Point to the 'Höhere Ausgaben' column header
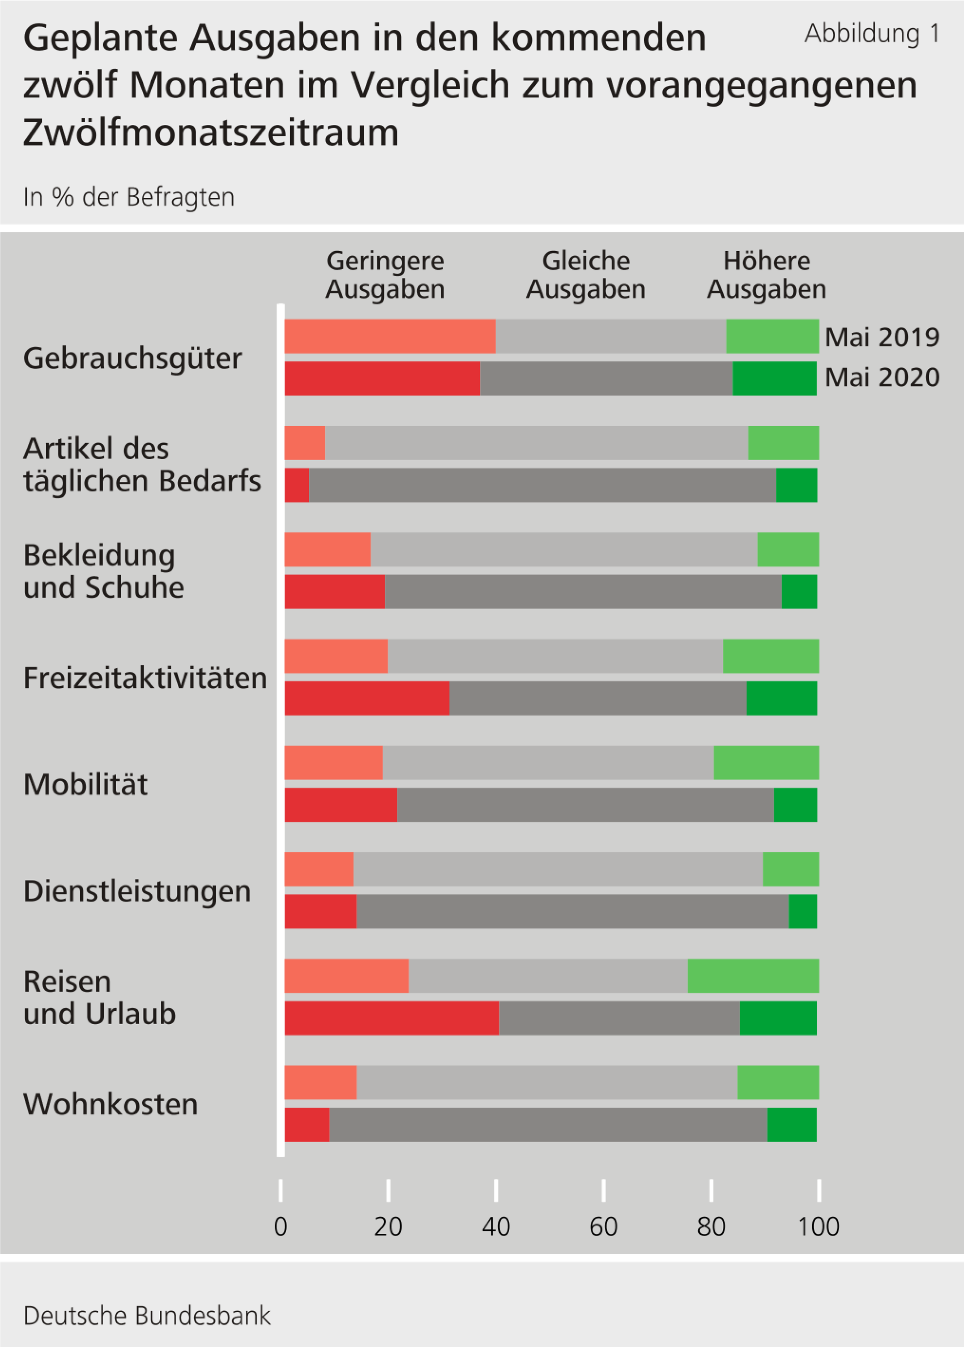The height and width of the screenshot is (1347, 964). click(766, 275)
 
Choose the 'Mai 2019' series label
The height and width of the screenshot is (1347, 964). click(882, 337)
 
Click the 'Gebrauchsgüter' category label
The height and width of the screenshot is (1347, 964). click(132, 358)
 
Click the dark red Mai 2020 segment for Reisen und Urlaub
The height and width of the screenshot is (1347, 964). click(392, 1018)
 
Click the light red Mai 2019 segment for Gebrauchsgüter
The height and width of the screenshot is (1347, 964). click(390, 336)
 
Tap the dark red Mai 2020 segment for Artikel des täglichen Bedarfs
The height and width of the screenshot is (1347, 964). click(297, 485)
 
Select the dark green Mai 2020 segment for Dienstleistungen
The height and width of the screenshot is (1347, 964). click(803, 911)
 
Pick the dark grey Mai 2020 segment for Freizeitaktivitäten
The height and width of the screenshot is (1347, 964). click(598, 698)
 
